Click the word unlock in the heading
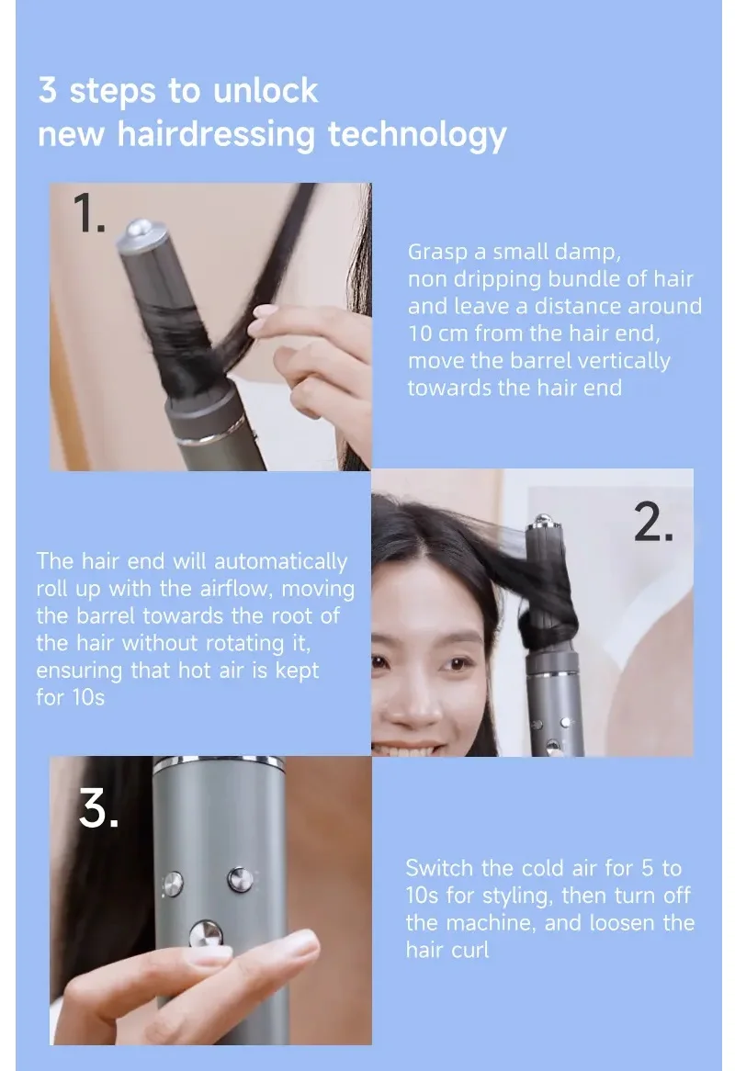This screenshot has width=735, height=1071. click(265, 91)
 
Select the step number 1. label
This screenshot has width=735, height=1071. click(89, 213)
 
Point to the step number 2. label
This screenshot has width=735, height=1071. click(653, 523)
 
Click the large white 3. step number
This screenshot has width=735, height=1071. click(98, 808)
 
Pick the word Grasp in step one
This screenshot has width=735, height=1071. click(437, 253)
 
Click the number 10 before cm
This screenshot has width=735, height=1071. click(420, 334)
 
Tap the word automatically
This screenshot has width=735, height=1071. click(281, 562)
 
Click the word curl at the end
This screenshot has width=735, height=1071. click(471, 950)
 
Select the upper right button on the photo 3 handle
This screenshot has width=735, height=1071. click(240, 880)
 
